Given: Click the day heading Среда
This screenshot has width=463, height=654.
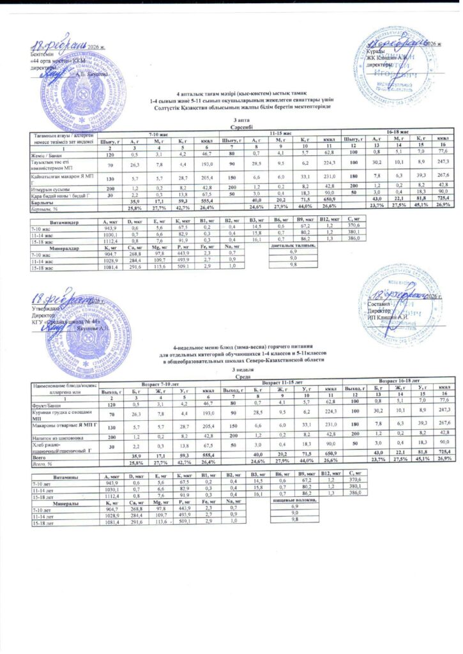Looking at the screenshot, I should [x=231, y=378].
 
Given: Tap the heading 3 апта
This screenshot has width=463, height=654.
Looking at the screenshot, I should [x=231, y=120].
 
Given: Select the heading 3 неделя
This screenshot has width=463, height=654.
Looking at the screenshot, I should [x=231, y=370].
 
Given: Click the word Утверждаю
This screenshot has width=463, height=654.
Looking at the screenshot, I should [x=46, y=308].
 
